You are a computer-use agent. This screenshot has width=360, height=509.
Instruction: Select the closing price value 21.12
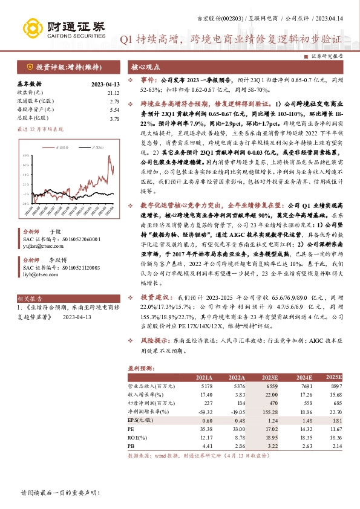(113, 92)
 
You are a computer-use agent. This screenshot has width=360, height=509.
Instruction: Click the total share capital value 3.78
(114, 119)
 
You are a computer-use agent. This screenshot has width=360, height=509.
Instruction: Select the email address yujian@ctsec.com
(41, 247)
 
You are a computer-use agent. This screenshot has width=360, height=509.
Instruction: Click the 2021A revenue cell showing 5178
(203, 385)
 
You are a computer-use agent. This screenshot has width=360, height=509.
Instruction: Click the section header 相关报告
(29, 299)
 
